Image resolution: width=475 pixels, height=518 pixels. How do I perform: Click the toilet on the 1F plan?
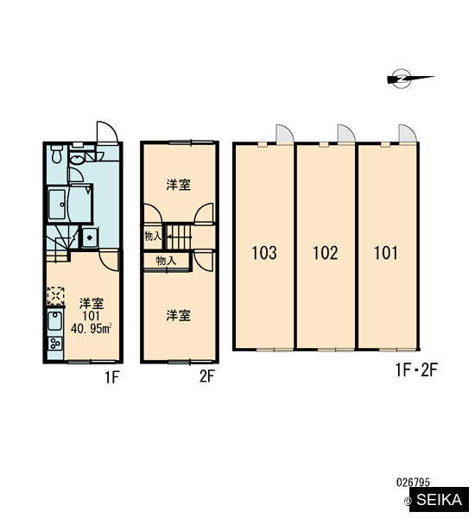tap(56, 154)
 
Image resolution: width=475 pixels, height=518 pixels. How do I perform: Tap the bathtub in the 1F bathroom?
tap(56, 205)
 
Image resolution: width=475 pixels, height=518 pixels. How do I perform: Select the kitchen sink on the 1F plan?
tap(54, 321)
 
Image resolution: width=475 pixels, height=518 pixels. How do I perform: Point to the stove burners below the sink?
tap(55, 344)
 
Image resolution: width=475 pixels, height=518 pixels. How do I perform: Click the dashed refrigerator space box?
tap(55, 296)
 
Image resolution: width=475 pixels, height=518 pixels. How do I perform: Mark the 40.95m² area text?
tap(91, 329)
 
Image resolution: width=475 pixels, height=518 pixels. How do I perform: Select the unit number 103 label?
tap(264, 253)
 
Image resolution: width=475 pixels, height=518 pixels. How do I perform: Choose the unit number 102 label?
tap(326, 253)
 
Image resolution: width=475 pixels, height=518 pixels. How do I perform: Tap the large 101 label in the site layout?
tap(386, 253)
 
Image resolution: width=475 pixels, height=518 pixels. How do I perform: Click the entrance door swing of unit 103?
tap(284, 134)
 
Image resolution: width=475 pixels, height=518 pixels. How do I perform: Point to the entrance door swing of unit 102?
tap(345, 134)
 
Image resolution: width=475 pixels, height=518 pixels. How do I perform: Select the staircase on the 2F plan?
tap(179, 237)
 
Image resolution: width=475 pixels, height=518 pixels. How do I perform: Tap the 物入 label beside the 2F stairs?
tap(153, 236)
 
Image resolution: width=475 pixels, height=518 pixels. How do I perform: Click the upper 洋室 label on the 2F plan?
tap(179, 185)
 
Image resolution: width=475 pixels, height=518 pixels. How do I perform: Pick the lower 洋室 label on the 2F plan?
tap(179, 315)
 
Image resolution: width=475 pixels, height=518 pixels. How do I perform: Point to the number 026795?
tap(413, 483)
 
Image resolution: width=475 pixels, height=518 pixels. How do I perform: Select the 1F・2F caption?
tap(416, 370)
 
